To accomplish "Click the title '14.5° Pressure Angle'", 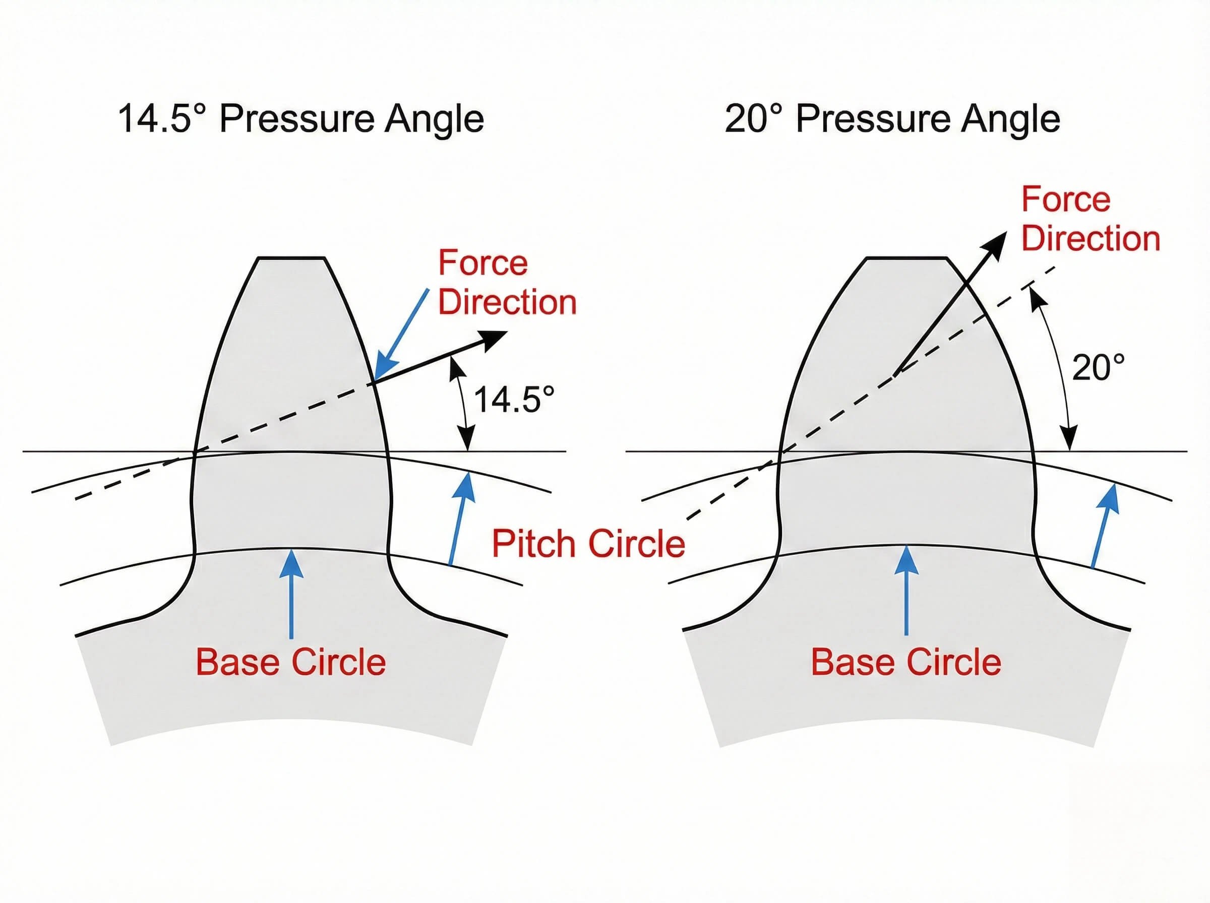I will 300,118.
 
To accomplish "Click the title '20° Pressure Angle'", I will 892,118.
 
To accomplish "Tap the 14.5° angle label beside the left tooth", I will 513,400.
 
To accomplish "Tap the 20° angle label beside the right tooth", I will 1098,367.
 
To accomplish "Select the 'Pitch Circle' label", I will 588,543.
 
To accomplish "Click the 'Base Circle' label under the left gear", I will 290,662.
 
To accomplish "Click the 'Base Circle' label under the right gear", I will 905,662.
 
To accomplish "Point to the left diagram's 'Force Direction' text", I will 506,283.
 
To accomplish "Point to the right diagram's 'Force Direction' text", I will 1090,219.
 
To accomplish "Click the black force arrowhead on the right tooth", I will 996,243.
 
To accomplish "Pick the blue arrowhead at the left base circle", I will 291,563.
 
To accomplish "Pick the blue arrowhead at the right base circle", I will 906,560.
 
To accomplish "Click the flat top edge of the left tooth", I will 291,257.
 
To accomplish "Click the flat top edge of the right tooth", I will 906,258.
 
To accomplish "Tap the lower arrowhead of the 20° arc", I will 1069,439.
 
